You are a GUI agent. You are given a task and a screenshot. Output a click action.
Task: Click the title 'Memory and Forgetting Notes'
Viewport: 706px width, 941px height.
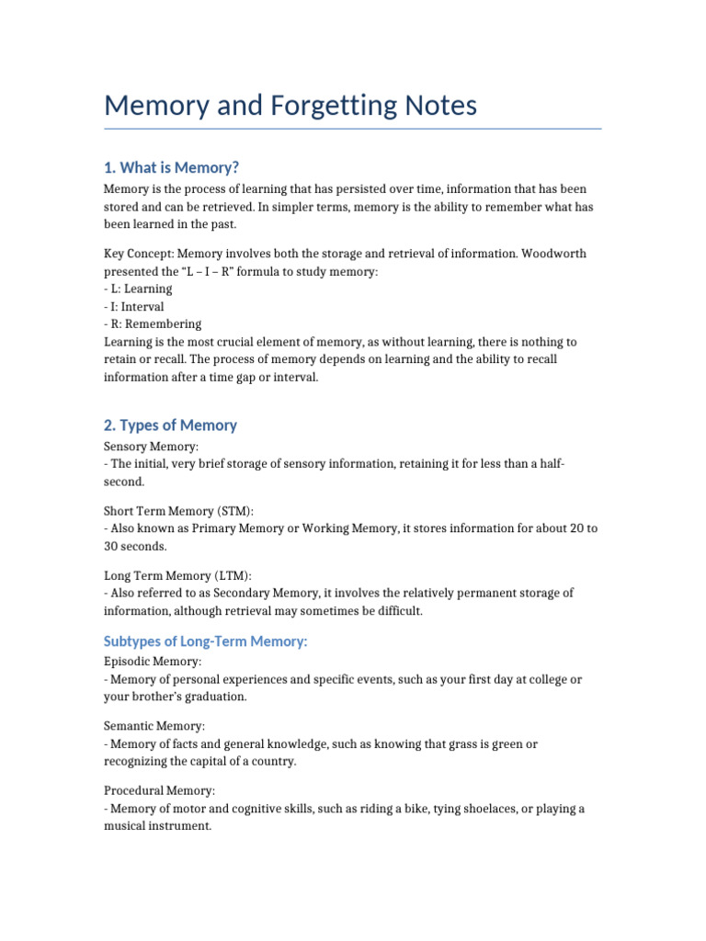290,106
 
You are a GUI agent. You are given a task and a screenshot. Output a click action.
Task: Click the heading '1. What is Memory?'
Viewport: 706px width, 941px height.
172,166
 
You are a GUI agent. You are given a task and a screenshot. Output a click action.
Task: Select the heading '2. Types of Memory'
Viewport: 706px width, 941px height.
171,425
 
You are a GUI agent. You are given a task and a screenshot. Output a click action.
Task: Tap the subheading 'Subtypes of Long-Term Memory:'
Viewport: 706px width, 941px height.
206,641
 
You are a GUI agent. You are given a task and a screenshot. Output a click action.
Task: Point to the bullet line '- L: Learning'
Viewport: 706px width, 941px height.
139,289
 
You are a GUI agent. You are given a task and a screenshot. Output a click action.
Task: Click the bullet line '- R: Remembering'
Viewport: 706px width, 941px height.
153,323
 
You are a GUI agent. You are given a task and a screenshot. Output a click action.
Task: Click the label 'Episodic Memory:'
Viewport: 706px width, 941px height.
154,661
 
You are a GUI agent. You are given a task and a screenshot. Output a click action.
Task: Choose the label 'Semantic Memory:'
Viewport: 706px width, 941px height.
154,726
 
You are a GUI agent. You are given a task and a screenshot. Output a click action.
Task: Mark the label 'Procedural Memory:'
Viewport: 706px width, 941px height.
160,790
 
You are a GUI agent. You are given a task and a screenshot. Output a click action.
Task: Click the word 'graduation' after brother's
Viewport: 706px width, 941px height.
216,697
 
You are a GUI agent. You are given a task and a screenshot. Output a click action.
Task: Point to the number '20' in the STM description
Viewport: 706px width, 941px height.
566,528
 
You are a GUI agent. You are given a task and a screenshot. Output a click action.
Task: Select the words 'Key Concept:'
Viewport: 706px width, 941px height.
139,254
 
